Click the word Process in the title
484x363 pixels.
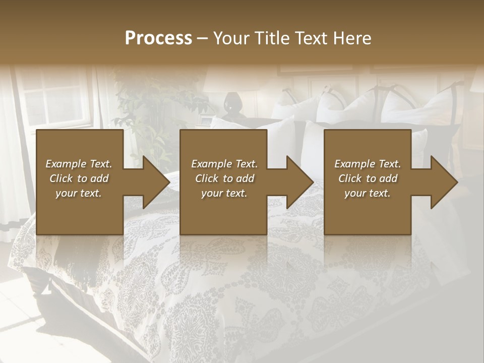[158, 38]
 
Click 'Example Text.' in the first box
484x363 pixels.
[79, 164]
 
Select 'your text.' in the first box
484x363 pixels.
[79, 193]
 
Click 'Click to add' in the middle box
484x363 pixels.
[224, 178]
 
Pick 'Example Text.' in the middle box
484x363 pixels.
[224, 164]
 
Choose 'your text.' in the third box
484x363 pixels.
[368, 193]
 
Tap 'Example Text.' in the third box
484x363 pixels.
[368, 164]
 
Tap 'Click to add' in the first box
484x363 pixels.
[79, 178]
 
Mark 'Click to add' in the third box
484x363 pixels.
[368, 178]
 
